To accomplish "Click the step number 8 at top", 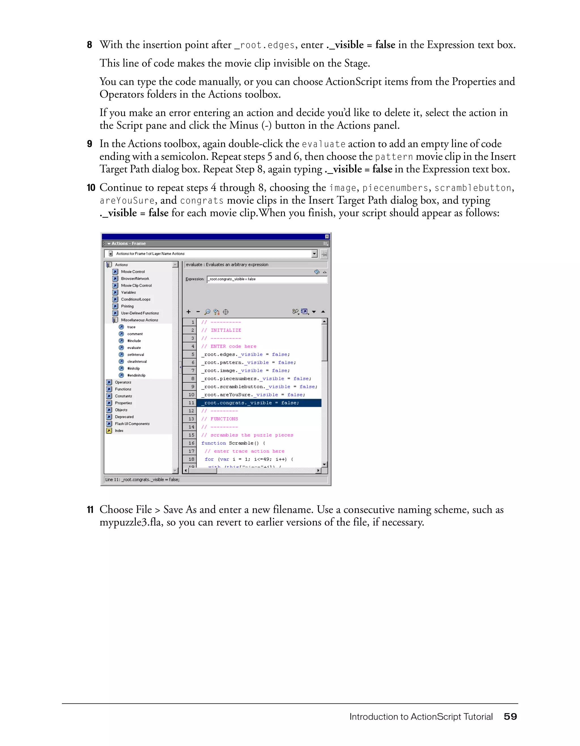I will [89, 45].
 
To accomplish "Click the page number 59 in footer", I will [510, 716].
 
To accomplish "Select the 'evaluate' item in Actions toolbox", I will [134, 348].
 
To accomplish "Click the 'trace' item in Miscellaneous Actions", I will [131, 327].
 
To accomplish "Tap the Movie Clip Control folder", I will [136, 286].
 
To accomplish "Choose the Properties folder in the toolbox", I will [123, 403].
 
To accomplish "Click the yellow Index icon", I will [109, 431].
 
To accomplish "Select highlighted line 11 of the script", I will [251, 403].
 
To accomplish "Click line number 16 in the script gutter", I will [191, 443].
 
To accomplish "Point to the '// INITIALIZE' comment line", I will [221, 330].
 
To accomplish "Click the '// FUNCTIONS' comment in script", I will [219, 419].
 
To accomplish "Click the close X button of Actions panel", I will [327, 236].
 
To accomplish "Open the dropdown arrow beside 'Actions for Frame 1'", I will [314, 254].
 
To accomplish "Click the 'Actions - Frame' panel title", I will [128, 244].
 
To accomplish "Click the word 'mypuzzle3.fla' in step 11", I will [131, 522].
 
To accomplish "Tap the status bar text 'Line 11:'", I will [113, 480].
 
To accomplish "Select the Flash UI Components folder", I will [132, 424].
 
